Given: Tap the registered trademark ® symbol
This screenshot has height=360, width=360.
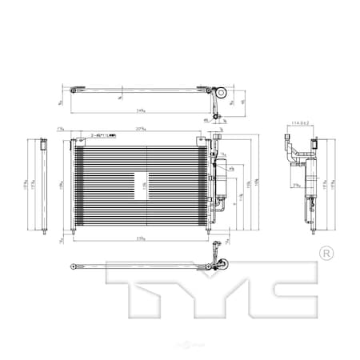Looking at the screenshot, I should click(325, 254).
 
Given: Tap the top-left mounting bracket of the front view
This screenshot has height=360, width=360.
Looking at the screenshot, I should click(73, 143).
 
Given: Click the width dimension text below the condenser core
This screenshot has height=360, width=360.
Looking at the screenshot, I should click(141, 238).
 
